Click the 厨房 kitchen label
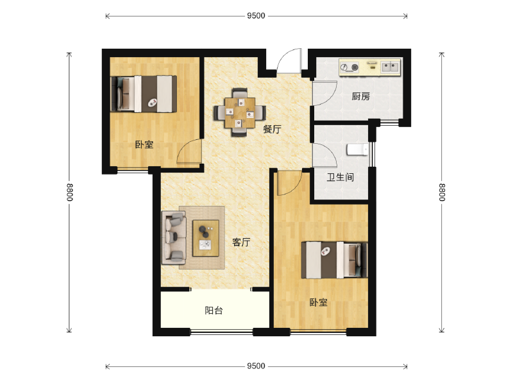click(x=360, y=96)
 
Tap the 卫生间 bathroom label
click(x=341, y=178)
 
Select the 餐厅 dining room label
click(x=272, y=129)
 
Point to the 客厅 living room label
click(x=241, y=243)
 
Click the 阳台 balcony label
click(x=214, y=311)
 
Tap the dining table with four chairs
click(x=239, y=112)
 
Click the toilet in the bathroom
click(x=357, y=150)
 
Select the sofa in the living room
click(x=174, y=237)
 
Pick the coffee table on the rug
click(x=206, y=238)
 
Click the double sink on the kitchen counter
click(x=391, y=67)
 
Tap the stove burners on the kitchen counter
click(x=349, y=67)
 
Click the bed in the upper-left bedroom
click(x=144, y=94)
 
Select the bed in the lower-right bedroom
click(x=334, y=260)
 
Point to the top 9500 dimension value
click(x=256, y=15)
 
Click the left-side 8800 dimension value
click(x=69, y=192)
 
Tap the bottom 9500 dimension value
click(x=256, y=366)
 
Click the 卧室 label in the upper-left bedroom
click(x=144, y=144)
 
